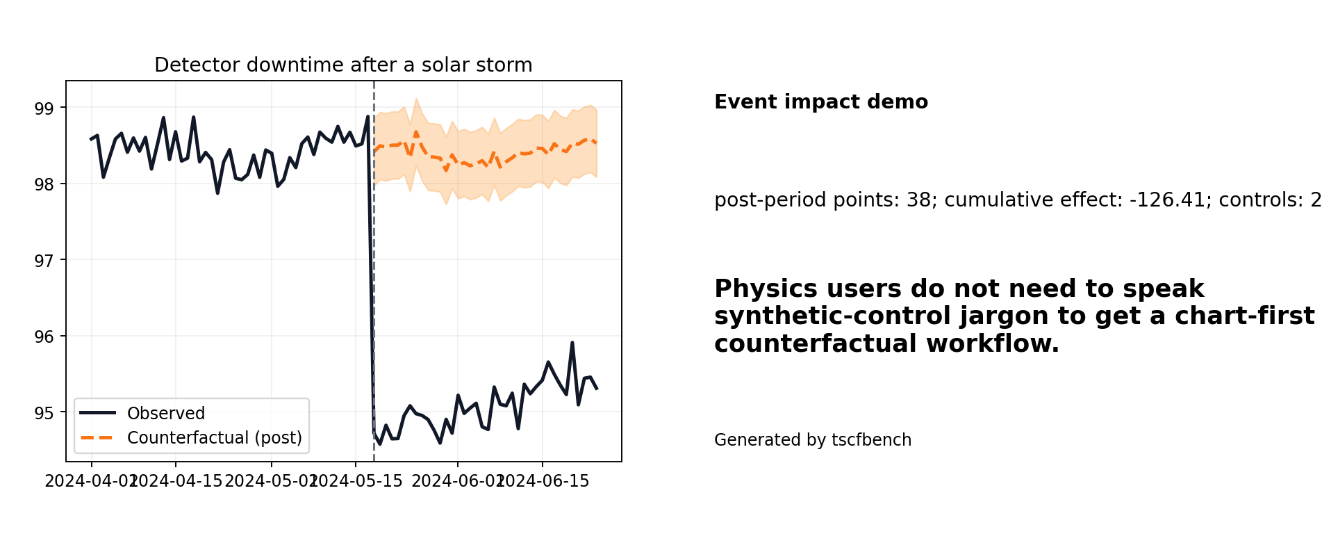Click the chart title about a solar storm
click(x=343, y=65)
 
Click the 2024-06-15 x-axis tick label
click(x=543, y=481)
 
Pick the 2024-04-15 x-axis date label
click(x=176, y=481)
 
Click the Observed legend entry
click(x=165, y=414)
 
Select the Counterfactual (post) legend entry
click(x=214, y=438)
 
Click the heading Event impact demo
click(x=820, y=102)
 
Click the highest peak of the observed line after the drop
click(x=572, y=343)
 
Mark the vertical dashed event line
click(x=374, y=278)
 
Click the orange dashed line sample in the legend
click(x=97, y=438)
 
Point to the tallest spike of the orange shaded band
click(x=416, y=99)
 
